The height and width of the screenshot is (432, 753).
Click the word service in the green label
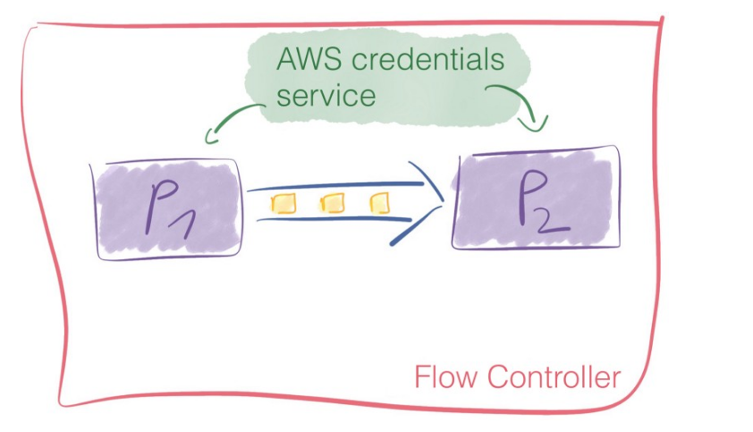[x=326, y=94]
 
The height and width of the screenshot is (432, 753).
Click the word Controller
[x=554, y=377]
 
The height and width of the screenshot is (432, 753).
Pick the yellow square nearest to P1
[x=283, y=204]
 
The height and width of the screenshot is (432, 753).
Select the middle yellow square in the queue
[x=333, y=204]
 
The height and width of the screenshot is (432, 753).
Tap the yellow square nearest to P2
[x=381, y=203]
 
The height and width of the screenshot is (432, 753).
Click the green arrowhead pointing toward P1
[x=212, y=137]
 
